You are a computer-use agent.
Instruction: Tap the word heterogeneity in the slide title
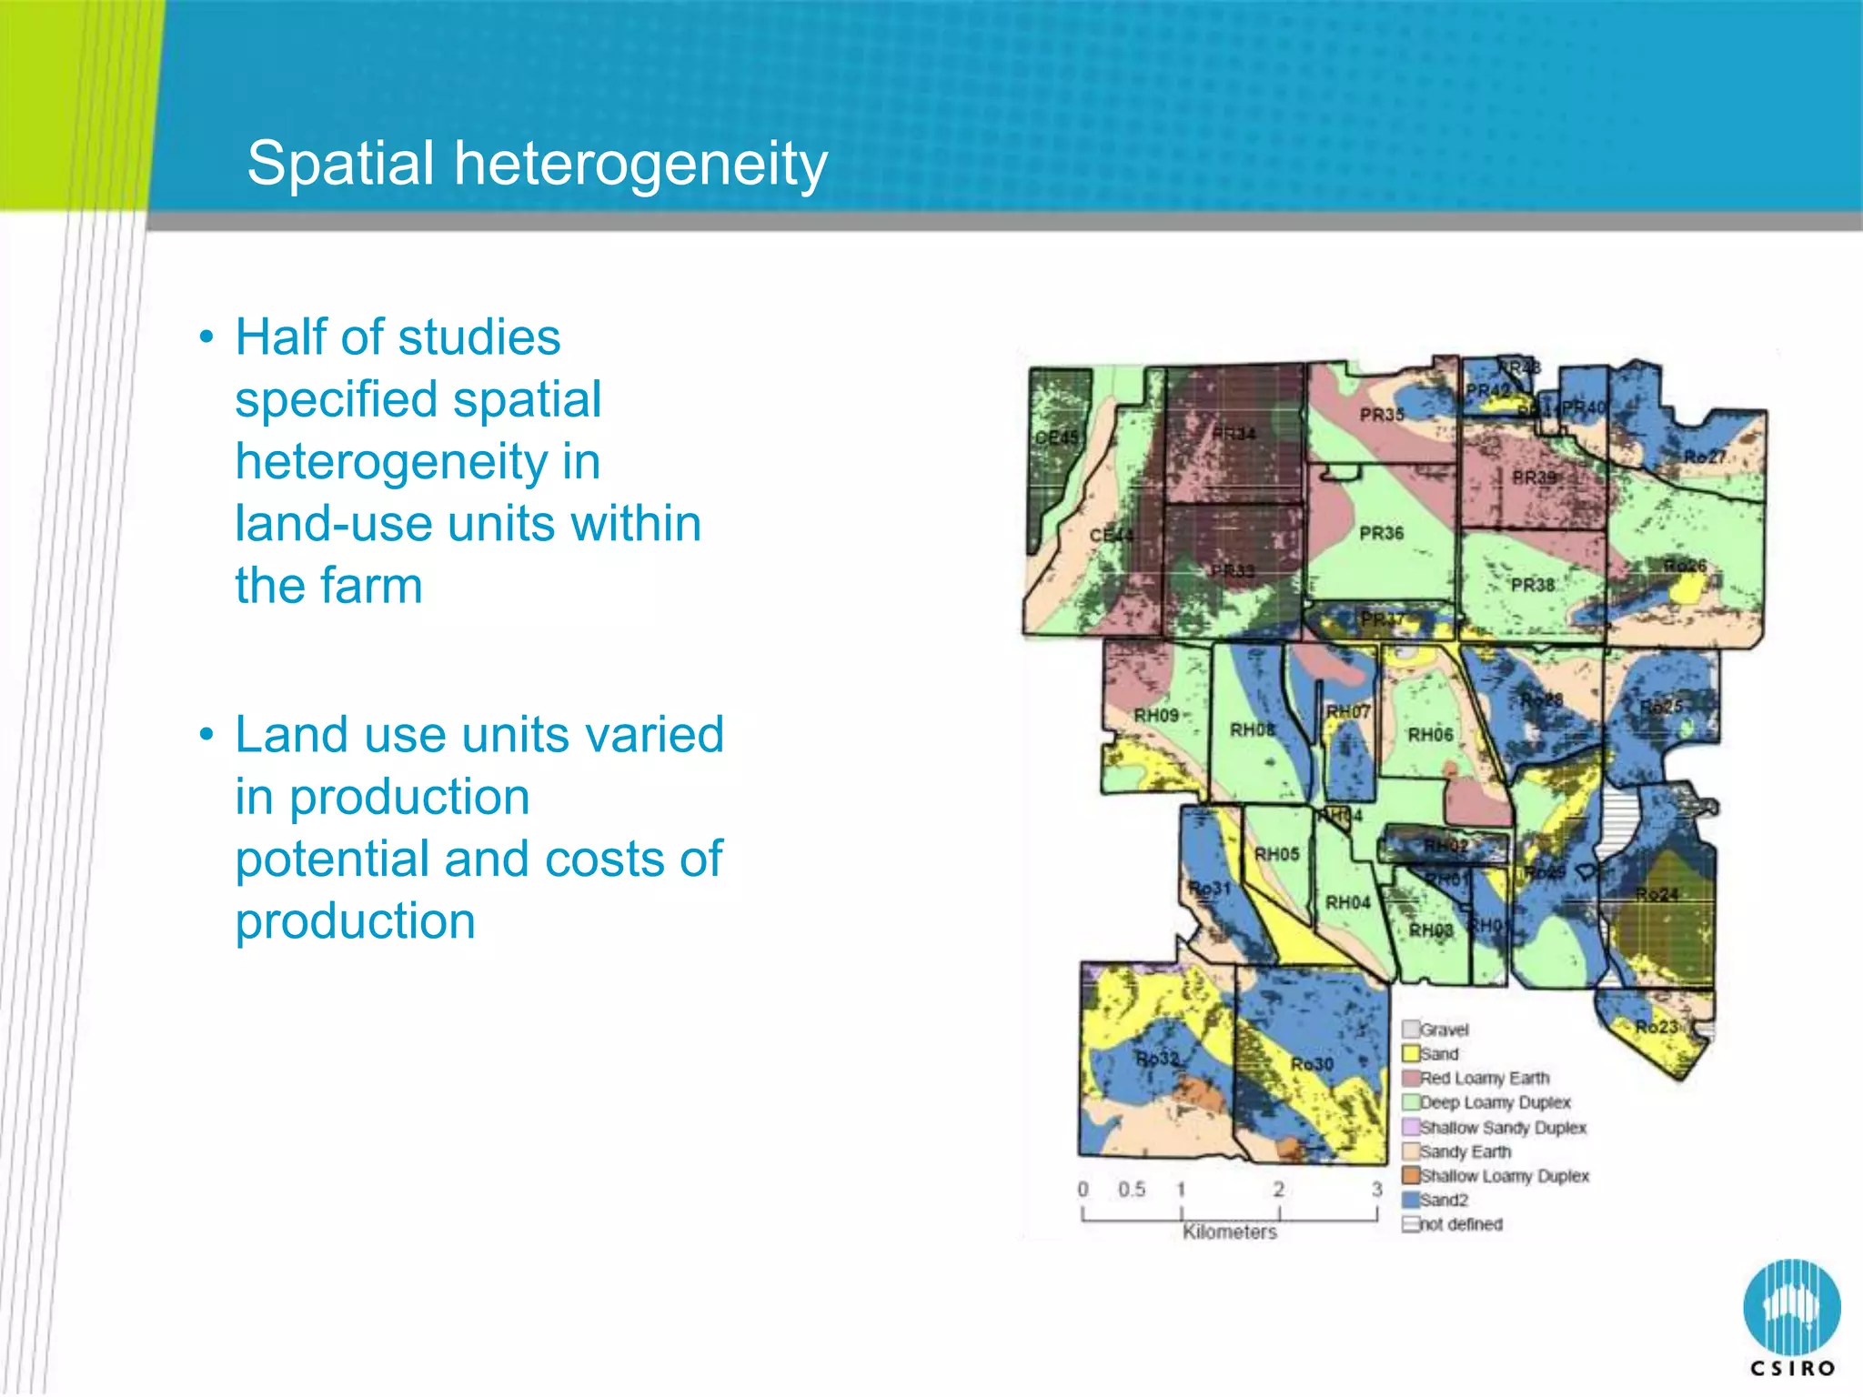pyautogui.click(x=640, y=166)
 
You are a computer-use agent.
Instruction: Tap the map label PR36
pyautogui.click(x=1381, y=533)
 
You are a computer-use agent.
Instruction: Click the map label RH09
pyautogui.click(x=1155, y=716)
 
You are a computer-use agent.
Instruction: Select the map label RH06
pyautogui.click(x=1430, y=734)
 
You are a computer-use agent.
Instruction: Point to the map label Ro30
pyautogui.click(x=1312, y=1064)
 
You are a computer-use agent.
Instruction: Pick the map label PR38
pyautogui.click(x=1533, y=585)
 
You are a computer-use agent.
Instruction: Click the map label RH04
pyautogui.click(x=1347, y=902)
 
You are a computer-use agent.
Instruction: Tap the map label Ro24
pyautogui.click(x=1656, y=894)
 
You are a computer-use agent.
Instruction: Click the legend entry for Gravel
pyautogui.click(x=1444, y=1030)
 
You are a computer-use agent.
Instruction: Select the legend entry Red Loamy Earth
pyautogui.click(x=1484, y=1078)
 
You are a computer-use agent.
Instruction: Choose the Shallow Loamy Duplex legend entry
pyautogui.click(x=1504, y=1176)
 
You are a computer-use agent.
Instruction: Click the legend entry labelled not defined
pyautogui.click(x=1460, y=1224)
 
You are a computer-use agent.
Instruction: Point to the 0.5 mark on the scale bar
pyautogui.click(x=1132, y=1189)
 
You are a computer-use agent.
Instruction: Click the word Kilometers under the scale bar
pyautogui.click(x=1230, y=1231)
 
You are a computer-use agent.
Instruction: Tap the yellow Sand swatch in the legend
pyautogui.click(x=1411, y=1053)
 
